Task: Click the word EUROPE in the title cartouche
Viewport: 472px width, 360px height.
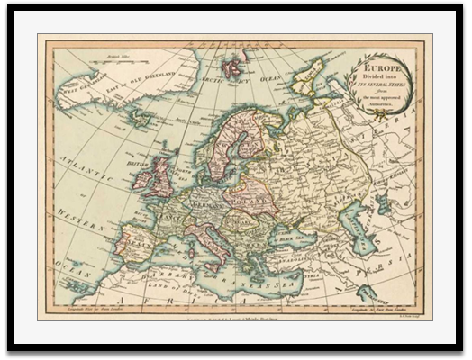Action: pos(379,67)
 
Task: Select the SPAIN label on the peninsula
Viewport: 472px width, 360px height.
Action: pos(137,243)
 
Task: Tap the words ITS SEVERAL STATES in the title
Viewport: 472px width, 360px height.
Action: pos(379,85)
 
